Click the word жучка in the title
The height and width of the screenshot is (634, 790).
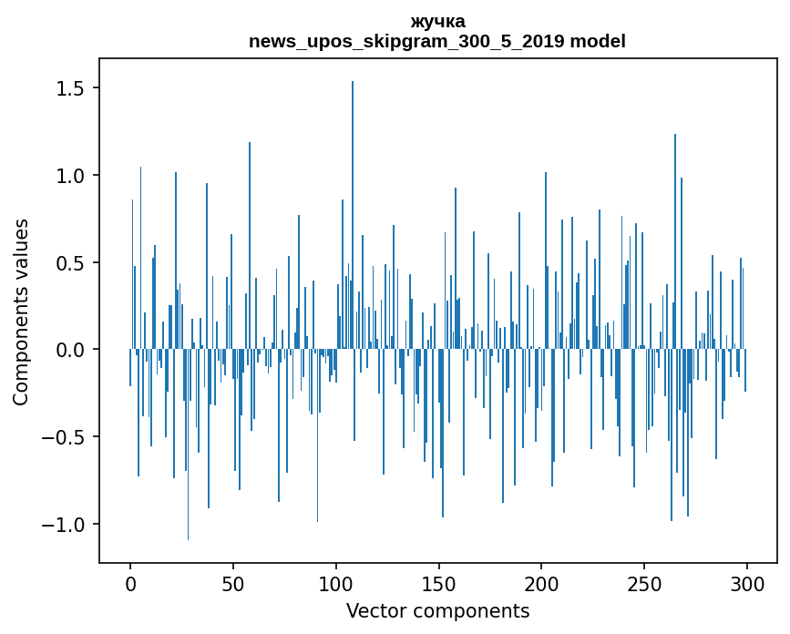coord(437,22)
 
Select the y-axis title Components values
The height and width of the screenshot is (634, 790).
coord(21,312)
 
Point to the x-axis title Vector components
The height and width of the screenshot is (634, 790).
coord(437,610)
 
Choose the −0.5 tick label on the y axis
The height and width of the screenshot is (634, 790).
coord(64,437)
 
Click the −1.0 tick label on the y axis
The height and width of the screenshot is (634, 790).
coord(64,525)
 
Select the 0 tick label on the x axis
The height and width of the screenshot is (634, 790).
coord(130,583)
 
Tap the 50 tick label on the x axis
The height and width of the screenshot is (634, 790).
coord(233,583)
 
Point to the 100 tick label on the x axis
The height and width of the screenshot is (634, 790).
coord(336,583)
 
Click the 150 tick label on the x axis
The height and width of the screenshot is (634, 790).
coord(439,583)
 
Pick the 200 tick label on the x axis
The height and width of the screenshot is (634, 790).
coord(542,583)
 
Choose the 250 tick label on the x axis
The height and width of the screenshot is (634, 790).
coord(645,583)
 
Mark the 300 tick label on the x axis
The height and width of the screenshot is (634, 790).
coord(748,583)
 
